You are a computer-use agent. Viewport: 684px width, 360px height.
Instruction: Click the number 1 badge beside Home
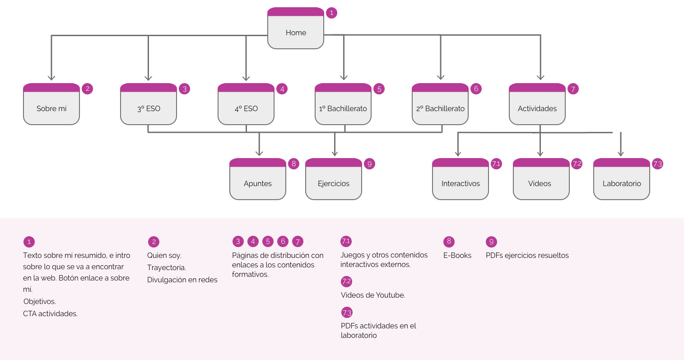coord(331,13)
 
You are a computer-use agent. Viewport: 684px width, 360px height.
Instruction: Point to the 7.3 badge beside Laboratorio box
coord(657,164)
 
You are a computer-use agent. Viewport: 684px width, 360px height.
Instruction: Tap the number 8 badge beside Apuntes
coord(293,164)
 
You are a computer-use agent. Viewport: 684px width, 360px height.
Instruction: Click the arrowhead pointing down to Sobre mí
coord(51,77)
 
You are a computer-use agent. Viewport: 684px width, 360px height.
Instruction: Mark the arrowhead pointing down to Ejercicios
coord(335,152)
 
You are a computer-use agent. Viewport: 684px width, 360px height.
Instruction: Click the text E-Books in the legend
coord(457,256)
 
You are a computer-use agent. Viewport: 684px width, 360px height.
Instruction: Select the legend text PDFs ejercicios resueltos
coord(527,256)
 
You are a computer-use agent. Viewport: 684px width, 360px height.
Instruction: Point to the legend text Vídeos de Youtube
coord(373,295)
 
